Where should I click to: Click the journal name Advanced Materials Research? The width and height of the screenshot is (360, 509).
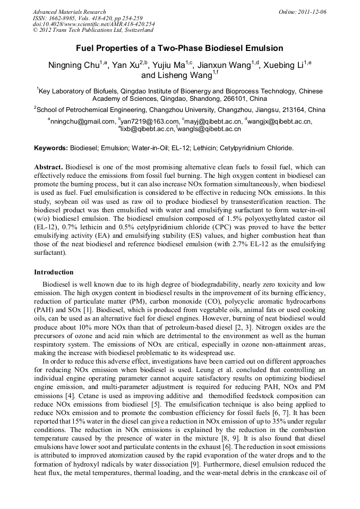click(x=69, y=12)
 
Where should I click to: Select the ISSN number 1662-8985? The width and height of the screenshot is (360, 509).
click(x=62, y=18)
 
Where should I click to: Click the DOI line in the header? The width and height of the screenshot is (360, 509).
click(x=93, y=24)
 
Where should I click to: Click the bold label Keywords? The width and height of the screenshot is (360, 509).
click(x=52, y=148)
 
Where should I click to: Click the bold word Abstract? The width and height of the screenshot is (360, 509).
click(x=49, y=167)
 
